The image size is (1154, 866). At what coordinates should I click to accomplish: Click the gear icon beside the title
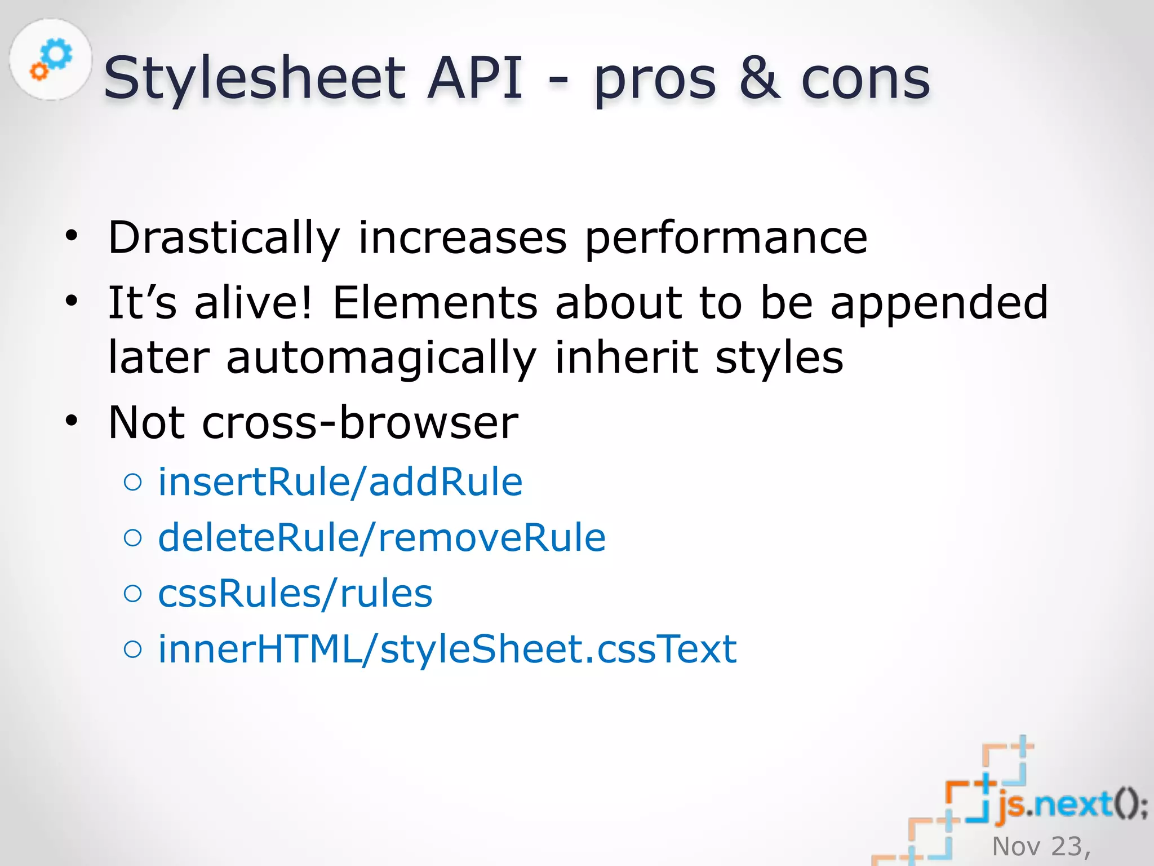[51, 59]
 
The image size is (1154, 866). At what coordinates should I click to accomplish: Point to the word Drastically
[224, 238]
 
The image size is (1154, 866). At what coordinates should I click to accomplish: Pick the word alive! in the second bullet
[252, 303]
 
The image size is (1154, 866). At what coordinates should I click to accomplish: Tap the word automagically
[381, 358]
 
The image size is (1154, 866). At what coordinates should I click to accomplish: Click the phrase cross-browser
[360, 422]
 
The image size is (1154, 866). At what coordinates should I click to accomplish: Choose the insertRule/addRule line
[340, 483]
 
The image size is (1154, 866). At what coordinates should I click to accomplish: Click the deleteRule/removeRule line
[381, 538]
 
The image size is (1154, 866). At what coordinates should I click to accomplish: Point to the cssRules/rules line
[295, 594]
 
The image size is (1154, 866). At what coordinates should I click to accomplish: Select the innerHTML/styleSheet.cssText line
[447, 649]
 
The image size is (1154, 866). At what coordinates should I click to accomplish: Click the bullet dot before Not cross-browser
[72, 421]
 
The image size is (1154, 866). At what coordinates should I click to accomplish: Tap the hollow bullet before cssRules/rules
[133, 593]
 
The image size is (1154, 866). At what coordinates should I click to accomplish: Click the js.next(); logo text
[1071, 804]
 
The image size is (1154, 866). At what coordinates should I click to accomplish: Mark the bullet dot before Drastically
[72, 235]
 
